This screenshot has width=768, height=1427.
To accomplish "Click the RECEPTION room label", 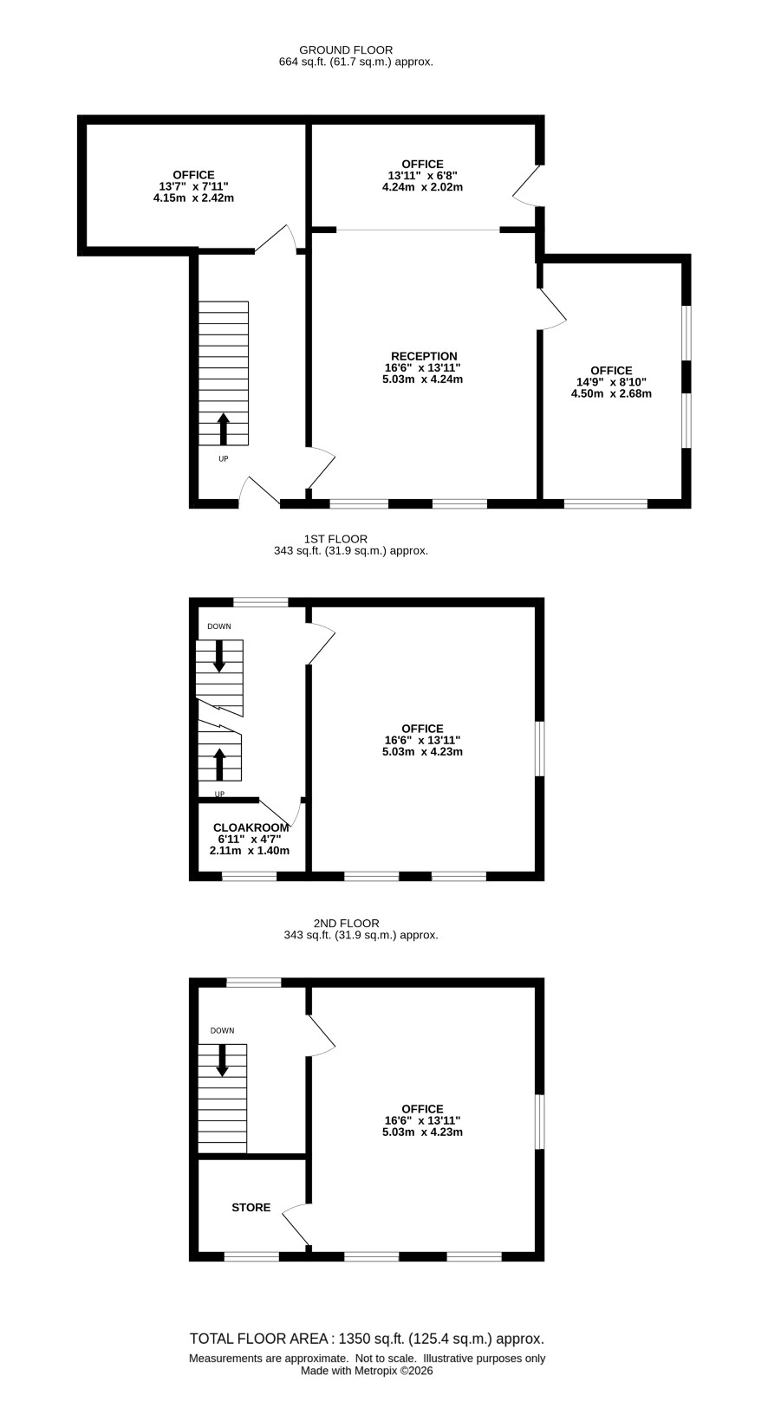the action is click(424, 356).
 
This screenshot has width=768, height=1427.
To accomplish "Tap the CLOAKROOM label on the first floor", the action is click(251, 827).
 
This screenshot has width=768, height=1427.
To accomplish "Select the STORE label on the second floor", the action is click(251, 1207).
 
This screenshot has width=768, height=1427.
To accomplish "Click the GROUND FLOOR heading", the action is click(346, 49).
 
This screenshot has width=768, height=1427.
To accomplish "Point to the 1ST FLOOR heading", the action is click(335, 539).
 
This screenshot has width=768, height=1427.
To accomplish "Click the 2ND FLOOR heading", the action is click(346, 923).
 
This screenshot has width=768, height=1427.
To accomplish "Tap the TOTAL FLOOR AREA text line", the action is click(368, 1339).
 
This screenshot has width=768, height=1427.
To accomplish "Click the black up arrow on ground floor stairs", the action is click(223, 429).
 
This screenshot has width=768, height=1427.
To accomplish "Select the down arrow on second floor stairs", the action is click(222, 1060).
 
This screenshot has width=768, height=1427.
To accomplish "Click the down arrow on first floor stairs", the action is click(219, 656).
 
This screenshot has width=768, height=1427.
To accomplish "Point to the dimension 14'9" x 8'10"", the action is click(611, 382).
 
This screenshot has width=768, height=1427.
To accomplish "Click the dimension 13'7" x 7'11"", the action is click(194, 186).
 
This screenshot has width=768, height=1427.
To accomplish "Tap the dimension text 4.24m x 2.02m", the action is click(422, 187).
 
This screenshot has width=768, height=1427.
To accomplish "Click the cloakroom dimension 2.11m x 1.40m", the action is click(249, 851).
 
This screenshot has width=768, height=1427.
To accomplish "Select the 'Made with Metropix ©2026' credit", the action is click(367, 1371).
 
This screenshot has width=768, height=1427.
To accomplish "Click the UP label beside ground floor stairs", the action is click(223, 458).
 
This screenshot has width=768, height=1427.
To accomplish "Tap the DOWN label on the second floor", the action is click(223, 1030).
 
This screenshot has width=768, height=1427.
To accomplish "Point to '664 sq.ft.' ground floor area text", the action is click(303, 62).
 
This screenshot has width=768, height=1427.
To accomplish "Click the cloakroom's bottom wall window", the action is click(249, 877).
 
